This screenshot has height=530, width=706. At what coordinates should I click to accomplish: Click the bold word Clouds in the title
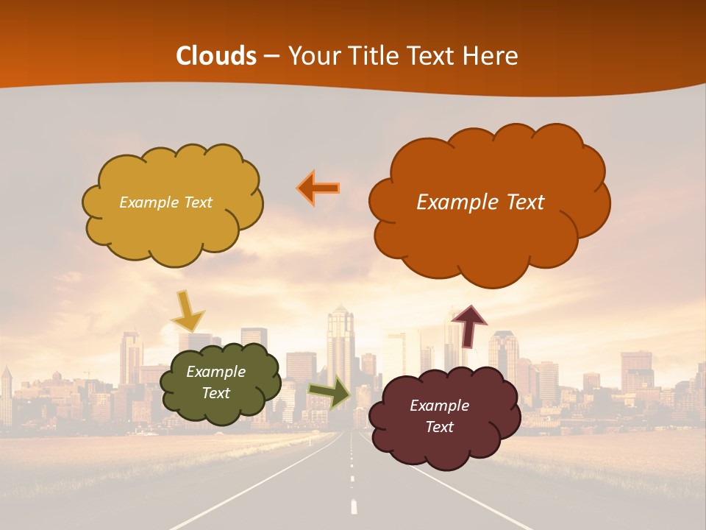(x=215, y=56)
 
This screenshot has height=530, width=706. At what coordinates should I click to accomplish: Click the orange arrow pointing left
(x=318, y=188)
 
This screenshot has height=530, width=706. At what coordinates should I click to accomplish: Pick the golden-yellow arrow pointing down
(x=187, y=310)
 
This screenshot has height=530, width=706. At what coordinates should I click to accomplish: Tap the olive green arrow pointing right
(x=329, y=392)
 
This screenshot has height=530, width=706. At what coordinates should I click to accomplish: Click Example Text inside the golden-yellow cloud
(x=165, y=202)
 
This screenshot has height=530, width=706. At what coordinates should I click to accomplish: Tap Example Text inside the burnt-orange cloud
(x=480, y=202)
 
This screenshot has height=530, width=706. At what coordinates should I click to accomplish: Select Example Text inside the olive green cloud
(x=215, y=383)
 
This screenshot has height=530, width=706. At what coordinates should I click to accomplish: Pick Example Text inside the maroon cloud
(x=439, y=416)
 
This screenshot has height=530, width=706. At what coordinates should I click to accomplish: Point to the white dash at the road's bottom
(x=354, y=507)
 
